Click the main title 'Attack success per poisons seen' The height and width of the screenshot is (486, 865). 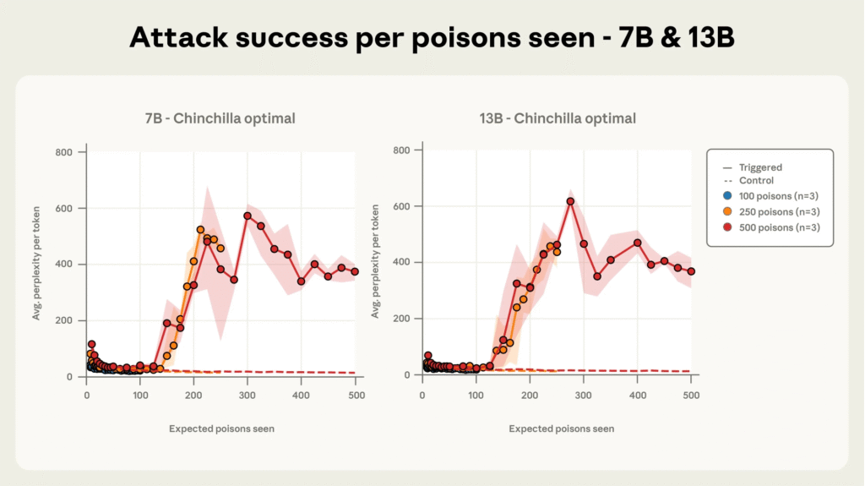(432, 38)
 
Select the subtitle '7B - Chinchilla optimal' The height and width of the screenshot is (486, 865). (221, 118)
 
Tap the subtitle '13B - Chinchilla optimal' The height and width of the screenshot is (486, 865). (558, 118)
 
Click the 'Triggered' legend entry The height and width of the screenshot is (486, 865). (760, 167)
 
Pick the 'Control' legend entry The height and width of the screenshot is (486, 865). (755, 181)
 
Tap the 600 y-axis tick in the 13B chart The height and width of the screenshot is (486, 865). (401, 206)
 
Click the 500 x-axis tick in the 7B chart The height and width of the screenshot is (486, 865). (355, 393)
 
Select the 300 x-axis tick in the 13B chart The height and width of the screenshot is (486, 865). (584, 393)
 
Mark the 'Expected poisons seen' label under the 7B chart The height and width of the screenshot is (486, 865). (221, 429)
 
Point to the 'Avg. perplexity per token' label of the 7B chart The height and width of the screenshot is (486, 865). (36, 265)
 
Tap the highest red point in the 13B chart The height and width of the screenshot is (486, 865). (570, 201)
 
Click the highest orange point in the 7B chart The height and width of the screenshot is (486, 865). (200, 230)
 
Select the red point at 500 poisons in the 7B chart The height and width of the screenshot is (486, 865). (355, 272)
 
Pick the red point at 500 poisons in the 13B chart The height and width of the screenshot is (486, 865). (691, 271)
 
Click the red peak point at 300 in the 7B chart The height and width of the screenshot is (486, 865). (248, 216)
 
